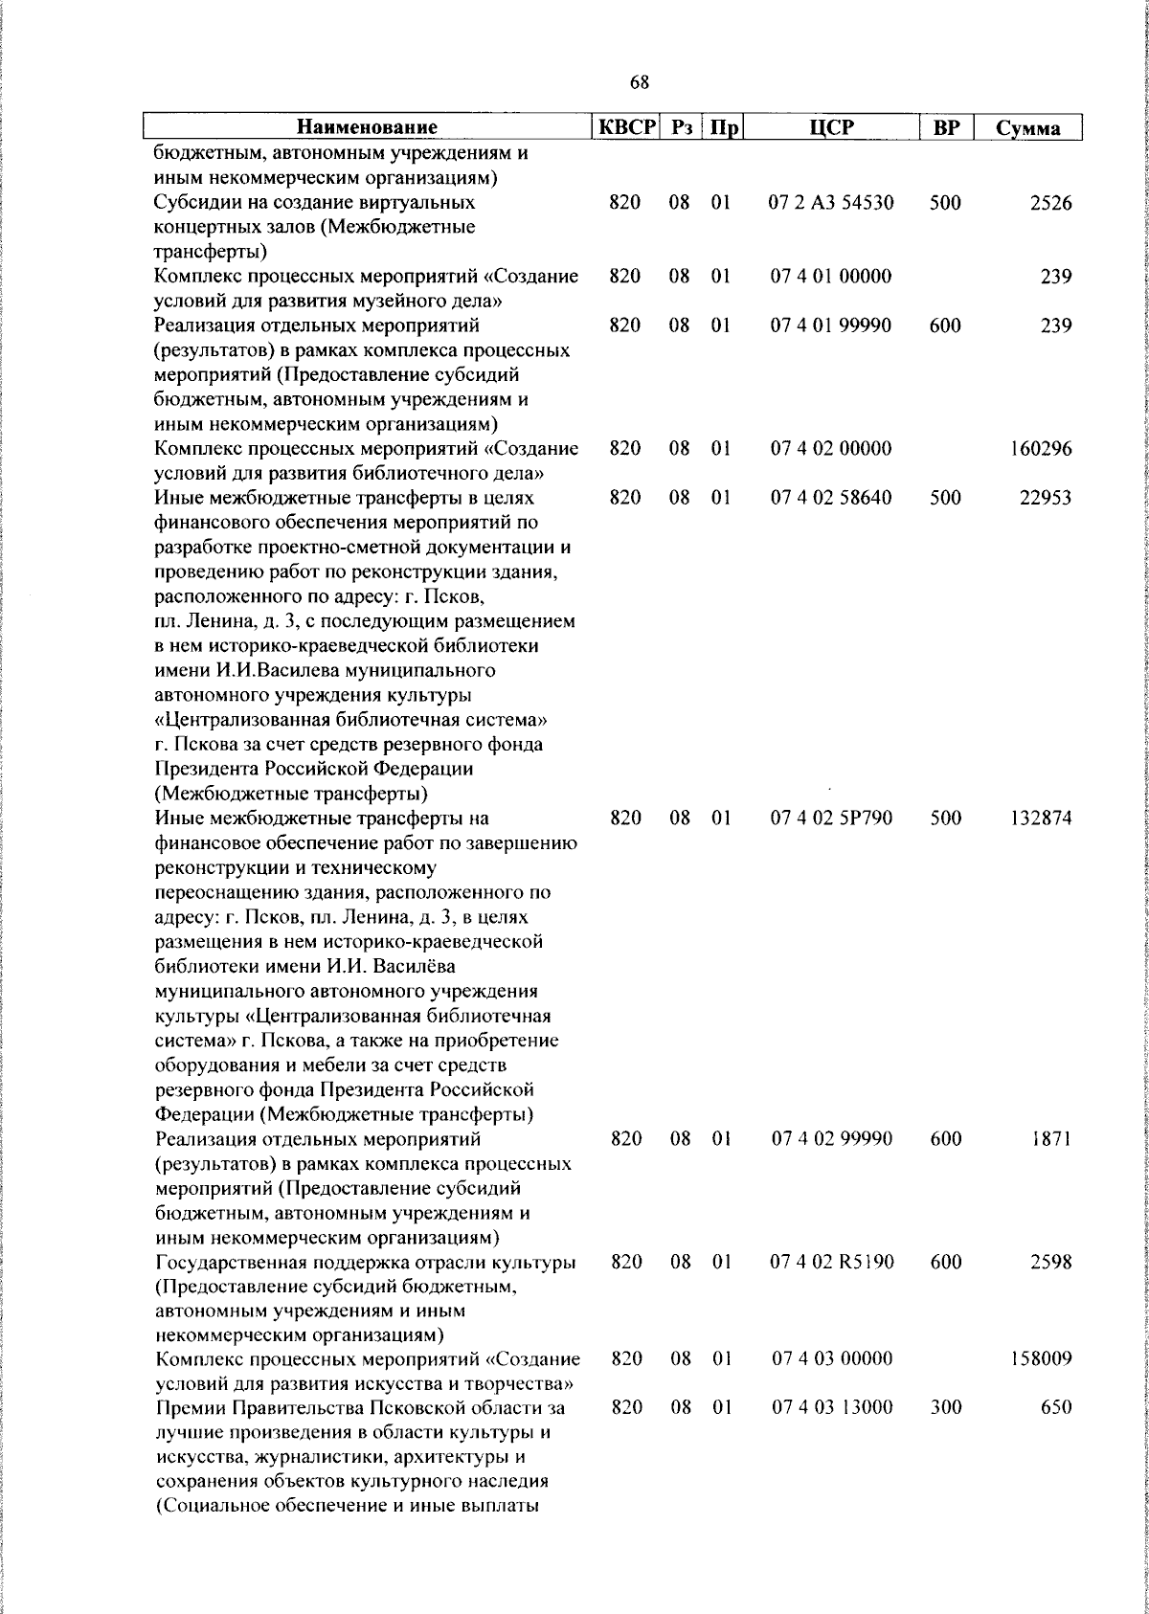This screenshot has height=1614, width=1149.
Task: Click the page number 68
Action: coord(640,83)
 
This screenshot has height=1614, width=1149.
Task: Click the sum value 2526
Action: coord(1050,203)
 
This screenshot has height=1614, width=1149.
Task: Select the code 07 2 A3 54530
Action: coord(831,203)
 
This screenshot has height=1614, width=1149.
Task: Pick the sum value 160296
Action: coord(1041,449)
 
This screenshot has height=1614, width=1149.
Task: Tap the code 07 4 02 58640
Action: coord(831,498)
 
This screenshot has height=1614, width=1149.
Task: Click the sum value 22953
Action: coord(1046,498)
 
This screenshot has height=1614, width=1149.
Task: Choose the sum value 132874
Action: coord(1041,818)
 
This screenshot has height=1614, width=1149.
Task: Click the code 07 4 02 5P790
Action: coord(831,818)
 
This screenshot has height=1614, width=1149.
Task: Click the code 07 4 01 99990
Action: coord(831,325)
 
